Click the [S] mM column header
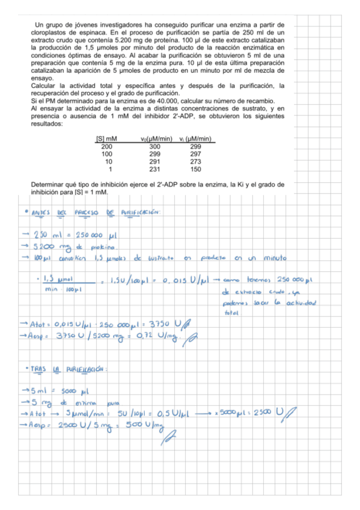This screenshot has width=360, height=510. click(106, 139)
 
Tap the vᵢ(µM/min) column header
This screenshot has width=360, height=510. click(194, 139)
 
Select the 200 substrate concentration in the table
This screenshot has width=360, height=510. click(107, 147)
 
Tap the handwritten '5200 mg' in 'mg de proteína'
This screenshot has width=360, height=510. click(48, 246)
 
